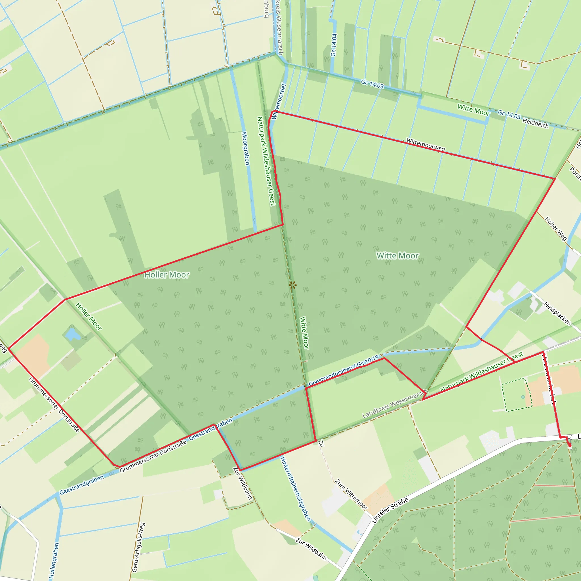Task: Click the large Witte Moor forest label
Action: coord(397,256)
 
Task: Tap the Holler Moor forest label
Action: coord(167,275)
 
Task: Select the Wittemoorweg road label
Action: coord(425,145)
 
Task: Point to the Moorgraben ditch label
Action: coord(246,148)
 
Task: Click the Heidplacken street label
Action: coord(557,314)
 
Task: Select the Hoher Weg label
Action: coord(555,229)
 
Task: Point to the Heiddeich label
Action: coord(535,123)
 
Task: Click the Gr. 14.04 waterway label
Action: coord(334,45)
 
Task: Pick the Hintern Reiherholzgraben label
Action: coord(295,489)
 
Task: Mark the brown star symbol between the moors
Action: coord(292,285)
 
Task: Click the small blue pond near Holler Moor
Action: coord(72,334)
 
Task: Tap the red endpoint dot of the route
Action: coord(569,445)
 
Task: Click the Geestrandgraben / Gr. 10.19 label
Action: coord(344,371)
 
